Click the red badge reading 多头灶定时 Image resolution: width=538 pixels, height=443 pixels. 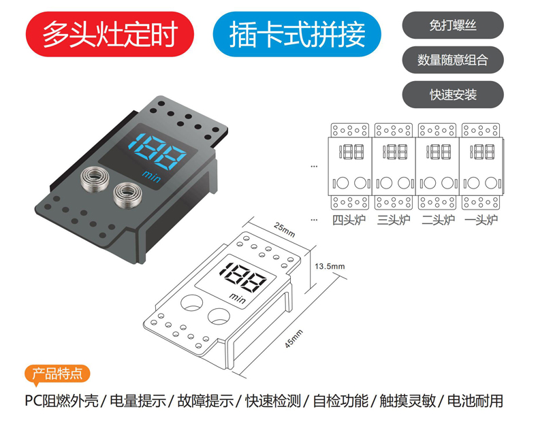pos(110,34)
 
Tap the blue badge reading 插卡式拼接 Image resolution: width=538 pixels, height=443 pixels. pos(297,34)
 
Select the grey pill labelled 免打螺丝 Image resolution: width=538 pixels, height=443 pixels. pos(453,25)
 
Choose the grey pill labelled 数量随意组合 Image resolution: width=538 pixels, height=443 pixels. pos(453,60)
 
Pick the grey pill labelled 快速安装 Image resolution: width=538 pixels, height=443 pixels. pos(453,95)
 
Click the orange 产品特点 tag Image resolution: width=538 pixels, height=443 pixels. pos(57,374)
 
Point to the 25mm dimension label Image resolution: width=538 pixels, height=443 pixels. pos(285,229)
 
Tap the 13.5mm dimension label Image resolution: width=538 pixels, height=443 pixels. pos(330,266)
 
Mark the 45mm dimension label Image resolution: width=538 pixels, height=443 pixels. pos(294,339)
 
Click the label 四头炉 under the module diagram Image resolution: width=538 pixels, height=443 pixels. pos(349,220)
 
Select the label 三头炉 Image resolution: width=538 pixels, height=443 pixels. pos(394,220)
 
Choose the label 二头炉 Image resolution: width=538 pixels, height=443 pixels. pos(438,220)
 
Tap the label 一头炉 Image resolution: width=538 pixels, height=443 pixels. pos(481,220)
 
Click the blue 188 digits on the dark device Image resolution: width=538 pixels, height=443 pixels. pos(157,152)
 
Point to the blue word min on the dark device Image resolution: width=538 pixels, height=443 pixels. pos(151,176)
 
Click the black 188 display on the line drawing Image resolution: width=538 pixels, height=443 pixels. pos(242,278)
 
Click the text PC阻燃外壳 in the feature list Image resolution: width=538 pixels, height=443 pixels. pos(62,401)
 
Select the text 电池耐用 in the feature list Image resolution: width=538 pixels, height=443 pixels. pos(475,401)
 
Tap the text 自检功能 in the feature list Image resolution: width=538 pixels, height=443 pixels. pos(341,401)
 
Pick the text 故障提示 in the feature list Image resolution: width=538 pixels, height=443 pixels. pos(206,401)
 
